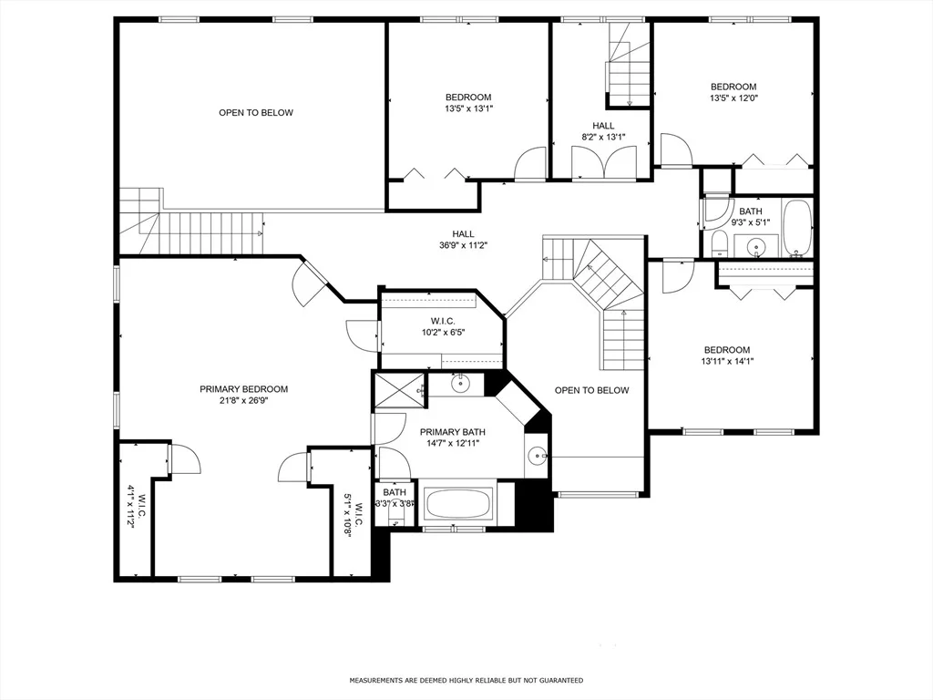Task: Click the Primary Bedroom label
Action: [243, 389]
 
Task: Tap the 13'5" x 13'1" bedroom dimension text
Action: [468, 108]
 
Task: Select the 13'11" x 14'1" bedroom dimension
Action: [727, 361]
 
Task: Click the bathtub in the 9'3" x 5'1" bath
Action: [796, 228]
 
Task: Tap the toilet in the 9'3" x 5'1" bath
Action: [719, 243]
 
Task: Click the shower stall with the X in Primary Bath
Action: [400, 389]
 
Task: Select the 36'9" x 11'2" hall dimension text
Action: [463, 244]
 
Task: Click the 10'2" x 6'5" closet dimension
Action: [443, 332]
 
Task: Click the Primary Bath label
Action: [452, 432]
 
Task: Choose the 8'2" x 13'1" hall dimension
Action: [603, 137]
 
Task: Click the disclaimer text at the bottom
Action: [466, 680]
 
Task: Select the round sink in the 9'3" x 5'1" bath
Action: [755, 245]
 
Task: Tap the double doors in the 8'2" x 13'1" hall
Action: [603, 162]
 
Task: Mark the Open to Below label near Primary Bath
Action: [591, 390]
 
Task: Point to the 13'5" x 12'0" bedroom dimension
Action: [733, 98]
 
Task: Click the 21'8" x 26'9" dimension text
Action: [243, 401]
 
